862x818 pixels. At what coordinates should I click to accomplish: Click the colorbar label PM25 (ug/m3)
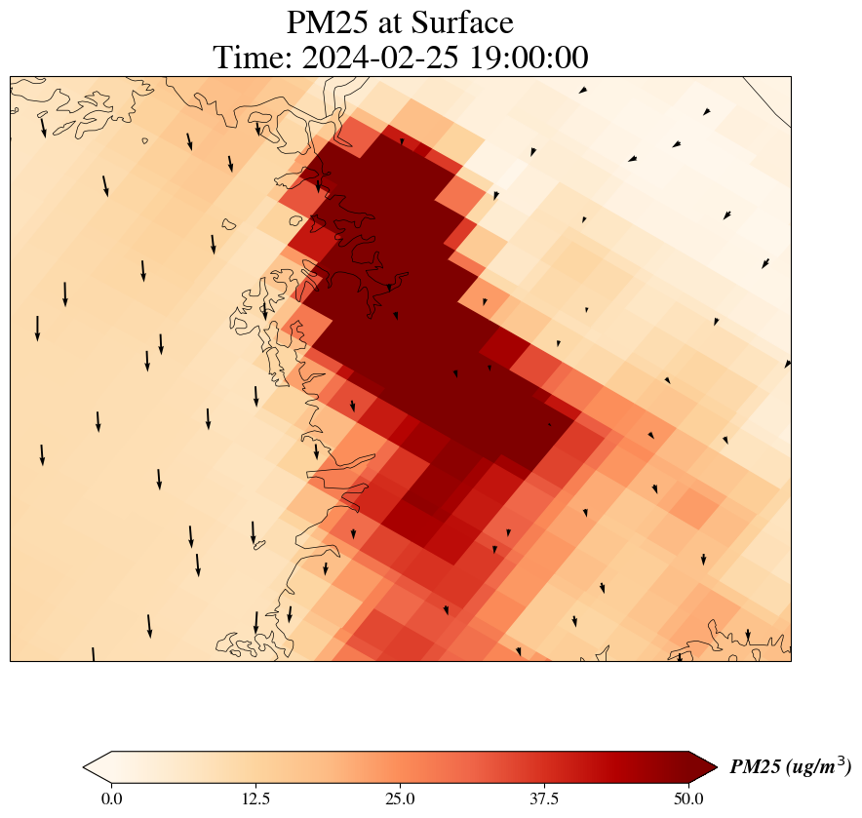click(790, 767)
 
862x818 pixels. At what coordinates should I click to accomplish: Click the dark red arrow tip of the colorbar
click(703, 767)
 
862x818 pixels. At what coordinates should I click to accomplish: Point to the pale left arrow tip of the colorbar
click(97, 767)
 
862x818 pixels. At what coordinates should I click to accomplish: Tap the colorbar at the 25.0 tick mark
click(400, 767)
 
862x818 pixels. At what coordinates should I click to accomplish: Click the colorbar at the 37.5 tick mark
click(544, 767)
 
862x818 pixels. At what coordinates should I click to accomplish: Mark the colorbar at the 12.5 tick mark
click(255, 767)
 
